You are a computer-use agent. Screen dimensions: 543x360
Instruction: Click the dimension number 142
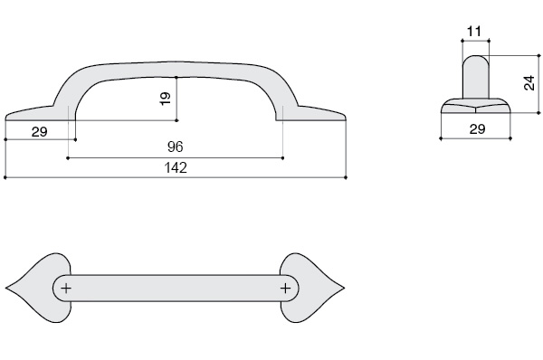click(176, 168)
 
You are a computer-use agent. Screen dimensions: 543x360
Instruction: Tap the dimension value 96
click(176, 147)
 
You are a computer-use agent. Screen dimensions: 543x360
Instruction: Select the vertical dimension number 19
click(166, 99)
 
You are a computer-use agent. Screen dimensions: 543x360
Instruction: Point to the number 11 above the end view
click(474, 32)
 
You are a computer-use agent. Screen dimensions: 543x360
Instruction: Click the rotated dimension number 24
click(529, 83)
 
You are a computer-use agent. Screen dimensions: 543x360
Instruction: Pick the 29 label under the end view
click(478, 129)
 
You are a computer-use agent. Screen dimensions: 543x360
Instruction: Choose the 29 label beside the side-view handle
click(39, 132)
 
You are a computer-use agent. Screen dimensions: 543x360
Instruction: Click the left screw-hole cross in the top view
click(66, 288)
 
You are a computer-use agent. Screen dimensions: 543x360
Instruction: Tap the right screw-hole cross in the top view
click(285, 288)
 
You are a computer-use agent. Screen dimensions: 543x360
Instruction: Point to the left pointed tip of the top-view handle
click(5, 288)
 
